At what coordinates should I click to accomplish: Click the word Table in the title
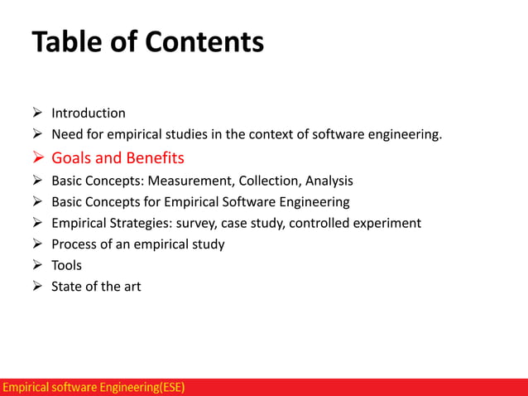[x=69, y=41]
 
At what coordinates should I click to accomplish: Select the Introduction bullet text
[x=89, y=113]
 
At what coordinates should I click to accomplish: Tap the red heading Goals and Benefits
[x=118, y=157]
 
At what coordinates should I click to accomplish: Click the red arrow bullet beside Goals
[x=38, y=157]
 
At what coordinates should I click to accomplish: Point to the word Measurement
[x=188, y=180]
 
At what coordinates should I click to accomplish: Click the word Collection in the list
[x=268, y=180]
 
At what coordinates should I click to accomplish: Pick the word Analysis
[x=329, y=180]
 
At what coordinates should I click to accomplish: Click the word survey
[x=193, y=223]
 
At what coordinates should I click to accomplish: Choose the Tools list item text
[x=66, y=265]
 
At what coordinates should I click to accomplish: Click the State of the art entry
[x=96, y=287]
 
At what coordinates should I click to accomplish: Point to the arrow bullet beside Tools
[x=38, y=265]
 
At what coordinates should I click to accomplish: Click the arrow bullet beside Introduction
[x=38, y=113]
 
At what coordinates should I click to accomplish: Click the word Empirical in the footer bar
[x=25, y=387]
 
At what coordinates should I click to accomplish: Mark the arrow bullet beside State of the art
[x=38, y=287]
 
